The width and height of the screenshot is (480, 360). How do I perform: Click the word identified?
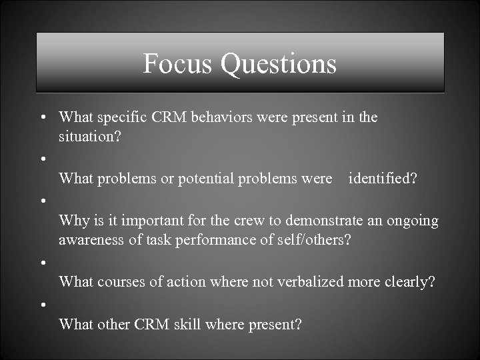383,178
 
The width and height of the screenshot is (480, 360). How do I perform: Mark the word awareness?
90,239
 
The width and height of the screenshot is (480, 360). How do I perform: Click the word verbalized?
309,281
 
